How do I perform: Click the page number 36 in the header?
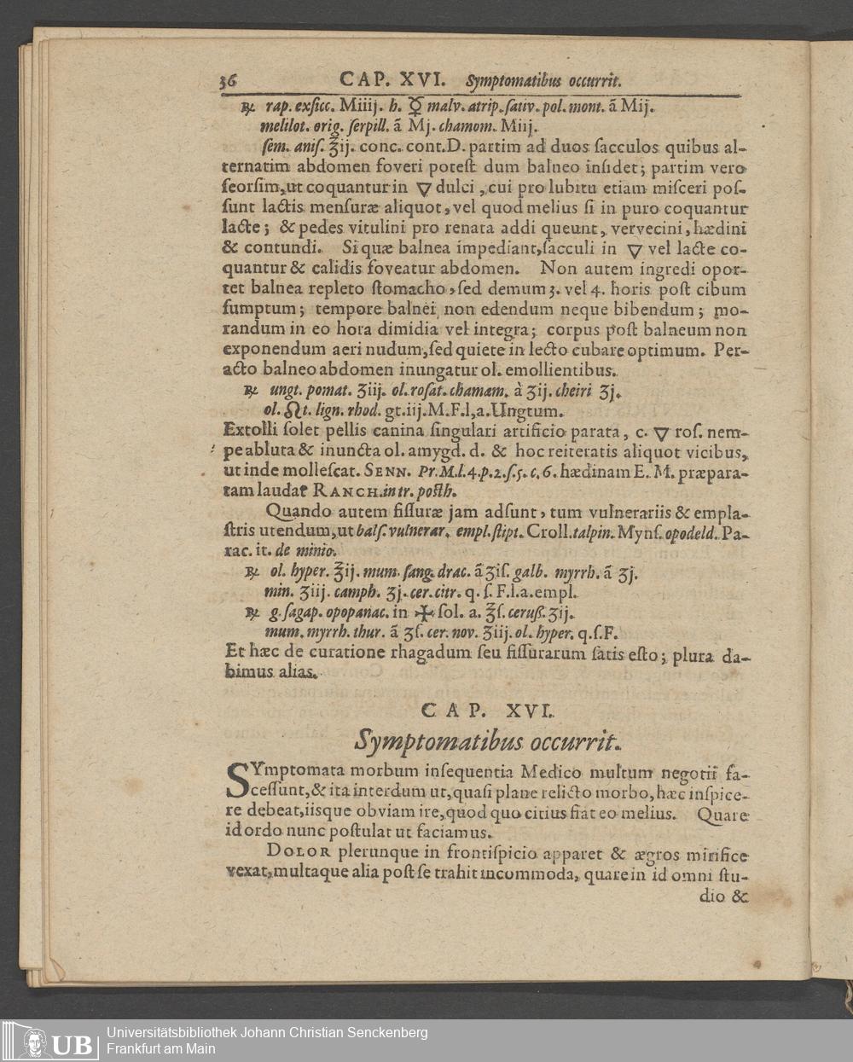[x=227, y=81]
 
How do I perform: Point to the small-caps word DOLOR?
[x=298, y=852]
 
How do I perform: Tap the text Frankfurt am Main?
[x=161, y=1049]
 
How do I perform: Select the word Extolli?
[x=248, y=431]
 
